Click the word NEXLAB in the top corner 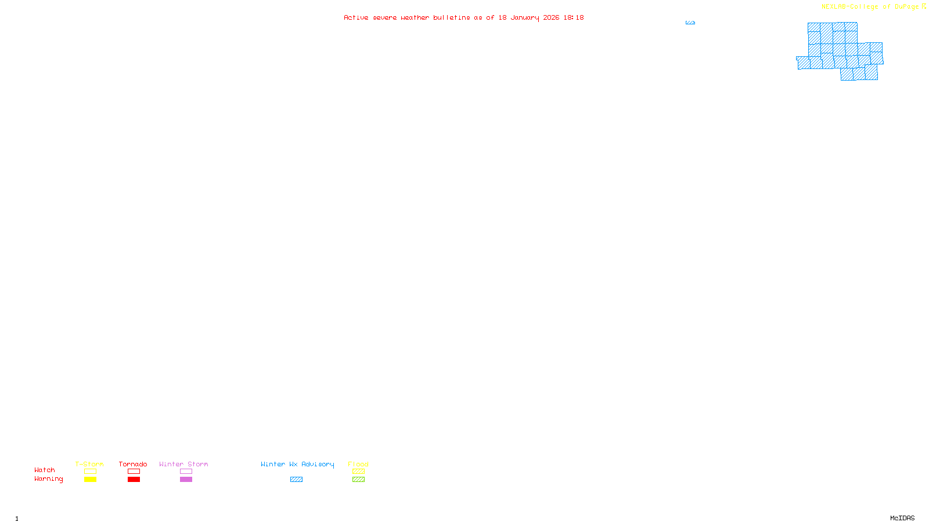pyautogui.click(x=834, y=7)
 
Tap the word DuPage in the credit pyautogui.click(x=906, y=7)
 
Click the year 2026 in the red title pyautogui.click(x=551, y=17)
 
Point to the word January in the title pyautogui.click(x=524, y=17)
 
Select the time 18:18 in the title pyautogui.click(x=574, y=17)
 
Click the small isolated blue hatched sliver pyautogui.click(x=690, y=23)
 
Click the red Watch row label pyautogui.click(x=45, y=470)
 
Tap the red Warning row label pyautogui.click(x=48, y=479)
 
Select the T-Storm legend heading pyautogui.click(x=89, y=464)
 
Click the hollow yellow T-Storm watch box pyautogui.click(x=90, y=472)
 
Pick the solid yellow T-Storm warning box pyautogui.click(x=90, y=480)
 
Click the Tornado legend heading pyautogui.click(x=133, y=464)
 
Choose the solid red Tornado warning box pyautogui.click(x=134, y=480)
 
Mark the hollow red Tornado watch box pyautogui.click(x=134, y=472)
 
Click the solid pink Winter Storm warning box pyautogui.click(x=186, y=480)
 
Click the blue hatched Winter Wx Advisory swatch pyautogui.click(x=296, y=480)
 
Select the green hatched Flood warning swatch pyautogui.click(x=358, y=480)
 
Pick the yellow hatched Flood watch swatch pyautogui.click(x=358, y=472)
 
